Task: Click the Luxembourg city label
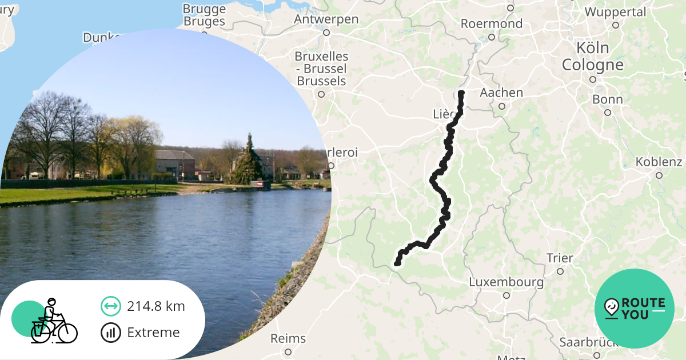(x=506, y=282)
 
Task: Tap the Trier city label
(x=559, y=258)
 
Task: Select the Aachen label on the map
(x=501, y=93)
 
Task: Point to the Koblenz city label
(x=659, y=162)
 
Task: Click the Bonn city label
(x=607, y=99)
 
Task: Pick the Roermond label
(x=491, y=24)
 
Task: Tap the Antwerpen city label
(x=326, y=19)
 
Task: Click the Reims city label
(x=288, y=338)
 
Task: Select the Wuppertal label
(x=615, y=12)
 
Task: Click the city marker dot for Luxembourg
(x=506, y=295)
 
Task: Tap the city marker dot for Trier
(x=560, y=271)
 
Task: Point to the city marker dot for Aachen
(x=502, y=106)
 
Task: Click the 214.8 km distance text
(x=156, y=306)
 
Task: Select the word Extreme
(x=153, y=333)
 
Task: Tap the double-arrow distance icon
(x=110, y=306)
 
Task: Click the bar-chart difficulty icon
(x=110, y=333)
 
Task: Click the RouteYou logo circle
(x=635, y=309)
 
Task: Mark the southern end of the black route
(x=397, y=263)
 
